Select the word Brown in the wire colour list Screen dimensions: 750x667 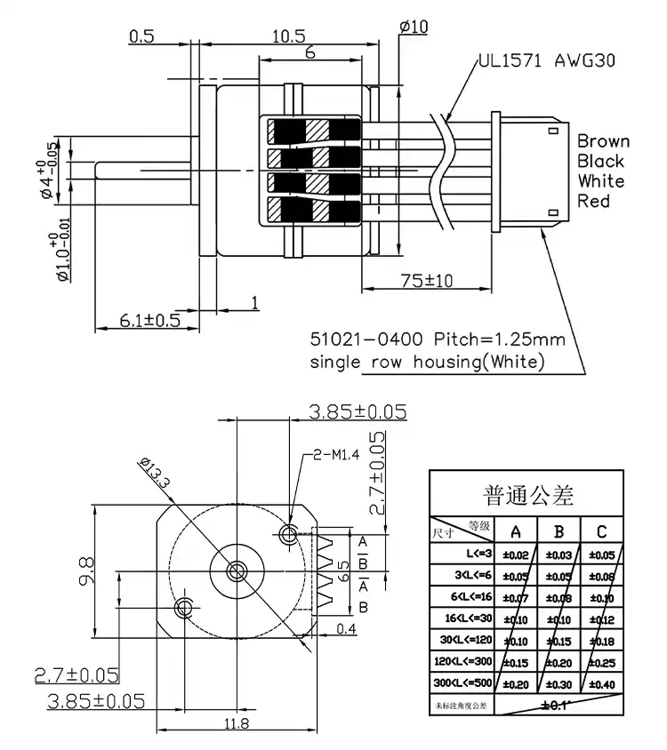602,140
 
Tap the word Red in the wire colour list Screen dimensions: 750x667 593,202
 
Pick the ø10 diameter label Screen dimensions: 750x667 414,27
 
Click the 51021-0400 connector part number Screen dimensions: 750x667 366,339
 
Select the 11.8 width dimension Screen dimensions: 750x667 236,724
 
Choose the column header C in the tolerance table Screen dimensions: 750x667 602,531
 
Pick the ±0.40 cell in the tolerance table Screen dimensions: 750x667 602,683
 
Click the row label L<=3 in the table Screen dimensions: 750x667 469,554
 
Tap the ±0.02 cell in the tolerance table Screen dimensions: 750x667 516,555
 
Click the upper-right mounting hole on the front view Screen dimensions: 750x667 288,534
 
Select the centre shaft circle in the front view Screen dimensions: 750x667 237,570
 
